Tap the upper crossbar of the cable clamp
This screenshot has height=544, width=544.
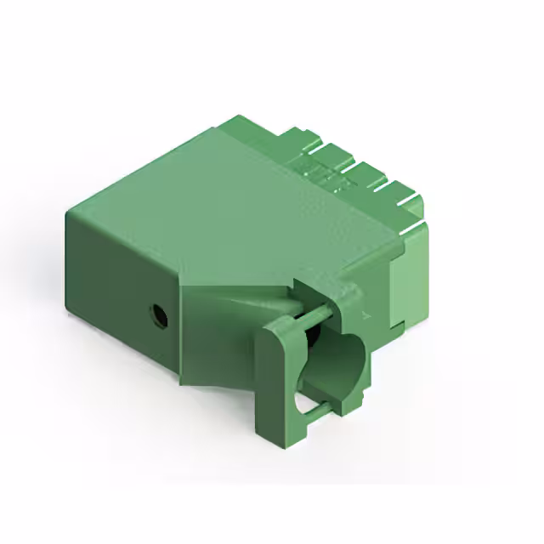(306, 315)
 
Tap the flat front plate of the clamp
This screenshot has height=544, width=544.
(273, 374)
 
